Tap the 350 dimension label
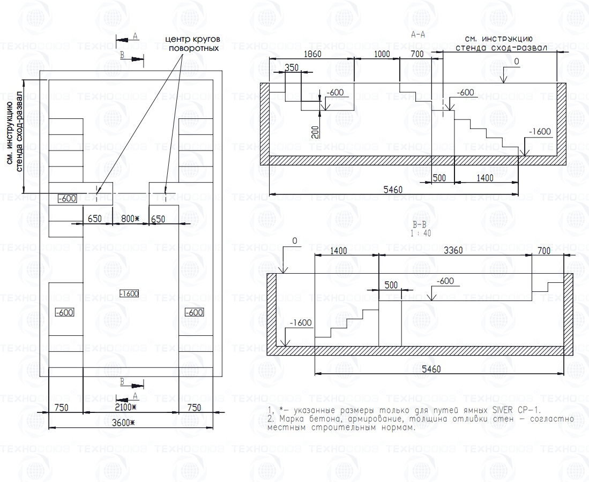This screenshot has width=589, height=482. click(292, 68)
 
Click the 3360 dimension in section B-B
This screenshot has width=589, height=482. click(454, 250)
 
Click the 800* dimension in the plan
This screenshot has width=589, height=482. click(130, 219)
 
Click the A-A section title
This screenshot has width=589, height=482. click(418, 35)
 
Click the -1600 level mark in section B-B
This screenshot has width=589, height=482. click(301, 323)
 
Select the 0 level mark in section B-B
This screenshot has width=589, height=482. click(294, 242)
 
